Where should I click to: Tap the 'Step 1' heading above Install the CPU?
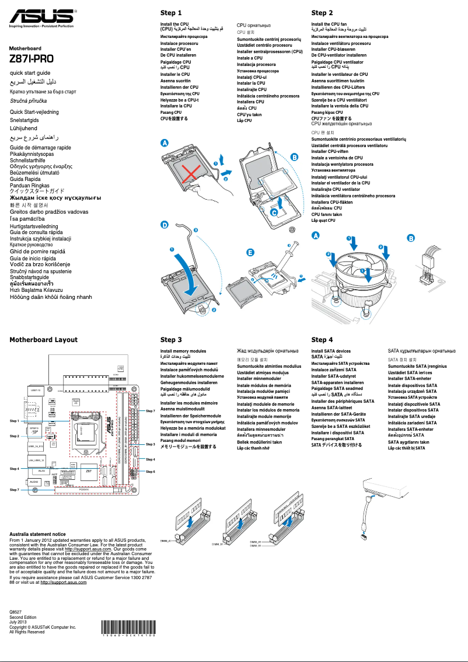click(x=171, y=13)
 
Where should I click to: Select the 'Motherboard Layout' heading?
click(x=43, y=339)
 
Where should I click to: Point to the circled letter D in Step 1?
click(x=165, y=224)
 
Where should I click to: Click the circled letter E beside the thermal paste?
click(x=250, y=252)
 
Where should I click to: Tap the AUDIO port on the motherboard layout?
click(x=34, y=482)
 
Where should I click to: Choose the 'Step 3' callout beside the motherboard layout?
click(x=150, y=444)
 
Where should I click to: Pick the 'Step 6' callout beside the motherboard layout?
click(x=150, y=471)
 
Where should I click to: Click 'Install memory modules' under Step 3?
click(x=183, y=351)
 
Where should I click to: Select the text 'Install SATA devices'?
click(x=331, y=351)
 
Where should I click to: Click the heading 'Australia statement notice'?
click(x=38, y=534)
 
